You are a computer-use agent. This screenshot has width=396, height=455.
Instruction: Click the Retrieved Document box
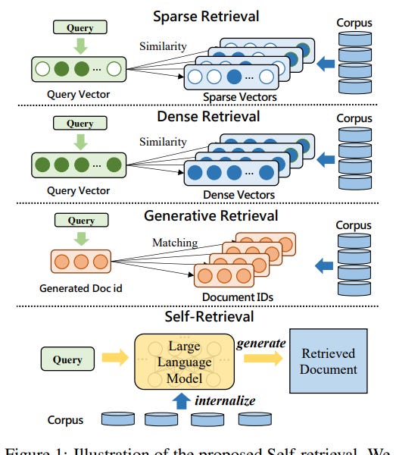329,361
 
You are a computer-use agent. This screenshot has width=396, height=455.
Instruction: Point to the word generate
260,344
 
